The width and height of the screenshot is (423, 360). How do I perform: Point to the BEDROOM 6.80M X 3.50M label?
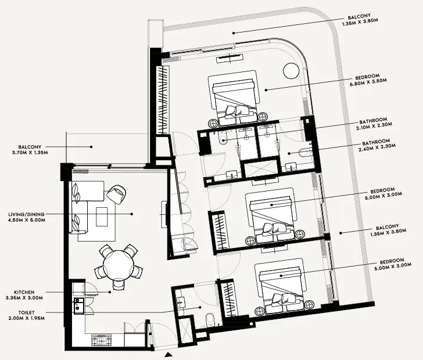click(377, 80)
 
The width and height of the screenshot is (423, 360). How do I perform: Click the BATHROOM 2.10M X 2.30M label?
click(378, 120)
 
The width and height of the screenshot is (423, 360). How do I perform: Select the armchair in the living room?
click(116, 193)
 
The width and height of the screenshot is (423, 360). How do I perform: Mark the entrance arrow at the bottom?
click(169, 354)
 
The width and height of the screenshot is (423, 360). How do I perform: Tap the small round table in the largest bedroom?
click(290, 71)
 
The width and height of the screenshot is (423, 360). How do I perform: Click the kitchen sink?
click(78, 306)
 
